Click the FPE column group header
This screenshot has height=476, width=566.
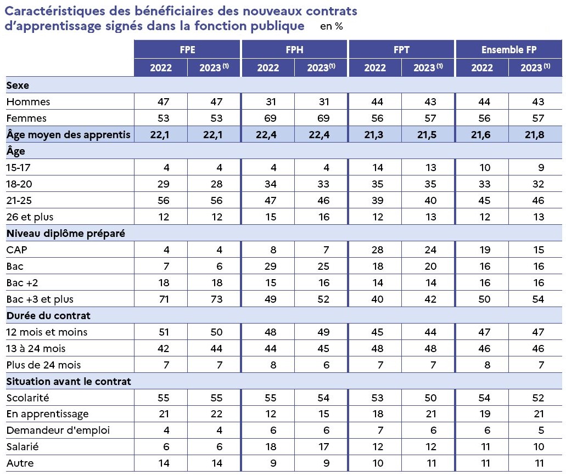[x=187, y=50]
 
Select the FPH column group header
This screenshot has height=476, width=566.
[x=295, y=50]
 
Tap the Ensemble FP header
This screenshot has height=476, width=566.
[x=509, y=50]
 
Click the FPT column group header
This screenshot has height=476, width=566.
[x=401, y=50]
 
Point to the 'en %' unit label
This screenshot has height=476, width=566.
[x=332, y=26]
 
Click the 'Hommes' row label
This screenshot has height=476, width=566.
[x=28, y=101]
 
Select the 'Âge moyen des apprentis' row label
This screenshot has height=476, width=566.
[x=68, y=134]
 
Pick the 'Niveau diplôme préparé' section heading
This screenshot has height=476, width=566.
[x=66, y=233]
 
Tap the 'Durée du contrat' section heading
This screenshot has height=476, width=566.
[x=48, y=315]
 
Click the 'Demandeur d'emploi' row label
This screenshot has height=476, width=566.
[x=58, y=430]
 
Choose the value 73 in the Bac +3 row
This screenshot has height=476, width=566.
[x=217, y=299]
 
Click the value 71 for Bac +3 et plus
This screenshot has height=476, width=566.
[x=164, y=299]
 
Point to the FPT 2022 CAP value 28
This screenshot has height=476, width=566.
[x=378, y=250]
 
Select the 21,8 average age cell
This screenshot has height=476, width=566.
[x=535, y=135]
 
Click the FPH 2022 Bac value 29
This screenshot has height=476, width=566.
[x=270, y=267]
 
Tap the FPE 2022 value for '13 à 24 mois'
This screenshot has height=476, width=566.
[x=164, y=349]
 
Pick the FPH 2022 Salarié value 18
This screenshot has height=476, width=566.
[x=271, y=447]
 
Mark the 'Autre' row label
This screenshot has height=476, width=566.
[x=20, y=463]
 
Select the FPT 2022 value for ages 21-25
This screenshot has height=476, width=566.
[x=378, y=201]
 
